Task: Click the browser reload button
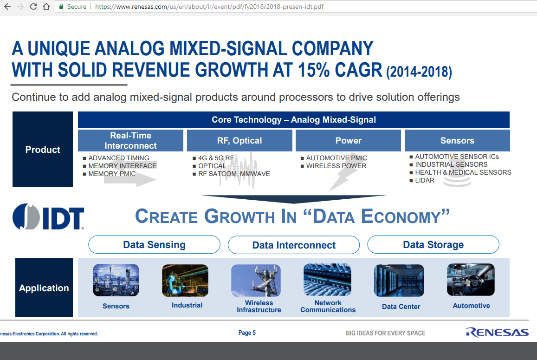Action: [33, 7]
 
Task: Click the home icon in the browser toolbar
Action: [46, 7]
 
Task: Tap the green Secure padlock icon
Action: [61, 7]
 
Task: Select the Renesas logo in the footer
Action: [497, 332]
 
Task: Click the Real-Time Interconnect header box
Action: [130, 140]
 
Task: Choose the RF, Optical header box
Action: [239, 140]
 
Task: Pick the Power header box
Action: [348, 140]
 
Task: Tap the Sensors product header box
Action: [457, 140]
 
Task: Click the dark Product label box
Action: [43, 150]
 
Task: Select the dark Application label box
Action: [44, 288]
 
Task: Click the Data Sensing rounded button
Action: [154, 245]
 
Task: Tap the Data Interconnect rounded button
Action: [294, 245]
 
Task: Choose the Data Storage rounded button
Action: [433, 245]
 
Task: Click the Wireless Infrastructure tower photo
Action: [256, 280]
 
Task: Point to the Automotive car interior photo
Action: [471, 280]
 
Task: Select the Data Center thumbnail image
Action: [399, 280]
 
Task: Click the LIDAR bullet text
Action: [425, 180]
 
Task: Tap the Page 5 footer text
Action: [247, 333]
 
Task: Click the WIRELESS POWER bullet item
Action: [336, 166]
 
